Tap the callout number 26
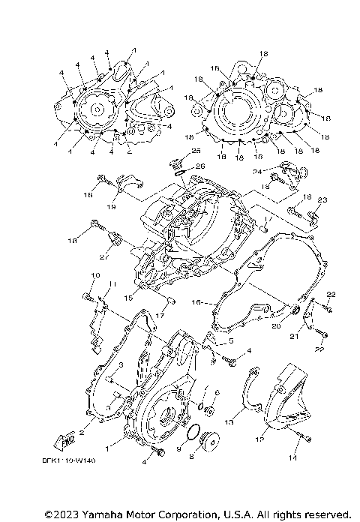[200, 166]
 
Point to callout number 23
[322, 199]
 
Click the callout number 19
[110, 206]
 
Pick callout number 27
[104, 256]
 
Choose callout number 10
[95, 277]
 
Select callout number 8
[192, 454]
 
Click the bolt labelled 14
[306, 438]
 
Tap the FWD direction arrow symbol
[64, 440]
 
